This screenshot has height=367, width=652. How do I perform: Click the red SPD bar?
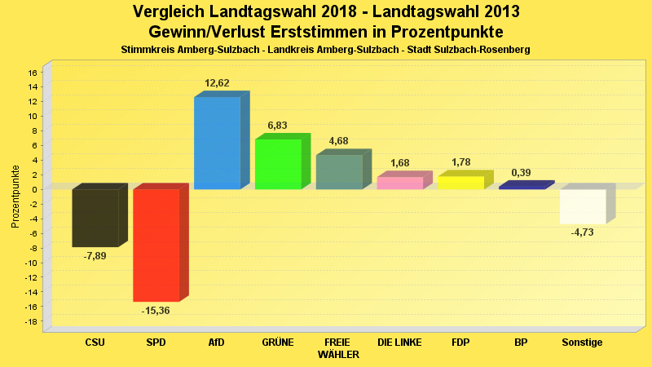156,245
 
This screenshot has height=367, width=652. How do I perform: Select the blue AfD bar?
217,143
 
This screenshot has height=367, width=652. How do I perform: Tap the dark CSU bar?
95,218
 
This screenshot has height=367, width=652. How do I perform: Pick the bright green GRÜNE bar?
278,164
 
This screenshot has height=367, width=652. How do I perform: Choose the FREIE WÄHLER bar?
339,172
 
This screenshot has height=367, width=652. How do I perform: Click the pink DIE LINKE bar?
400,183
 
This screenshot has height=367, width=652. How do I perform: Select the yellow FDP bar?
460,183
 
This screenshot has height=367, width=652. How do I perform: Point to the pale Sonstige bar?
583,206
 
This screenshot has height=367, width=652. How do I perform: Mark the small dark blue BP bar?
522,187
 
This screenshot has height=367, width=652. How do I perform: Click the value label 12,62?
217,82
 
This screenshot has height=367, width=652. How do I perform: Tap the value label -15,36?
156,310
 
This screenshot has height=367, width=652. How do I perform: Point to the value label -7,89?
95,255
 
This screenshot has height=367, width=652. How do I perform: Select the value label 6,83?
278,125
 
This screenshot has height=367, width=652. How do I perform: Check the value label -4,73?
583,232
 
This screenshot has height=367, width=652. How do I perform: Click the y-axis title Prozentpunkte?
15,197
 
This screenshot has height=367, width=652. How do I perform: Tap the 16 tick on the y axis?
33,72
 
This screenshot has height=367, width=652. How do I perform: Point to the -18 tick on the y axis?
32,321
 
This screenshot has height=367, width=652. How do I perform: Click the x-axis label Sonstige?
582,343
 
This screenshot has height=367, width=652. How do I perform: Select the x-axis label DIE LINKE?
399,343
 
